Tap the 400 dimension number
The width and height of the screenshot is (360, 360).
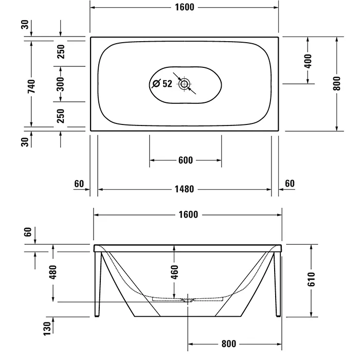308,60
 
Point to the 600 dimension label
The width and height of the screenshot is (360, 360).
185,160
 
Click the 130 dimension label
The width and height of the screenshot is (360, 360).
47,327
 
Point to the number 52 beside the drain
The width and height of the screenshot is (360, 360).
168,83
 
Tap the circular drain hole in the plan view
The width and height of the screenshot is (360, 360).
184,83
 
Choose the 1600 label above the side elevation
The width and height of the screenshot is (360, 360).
188,214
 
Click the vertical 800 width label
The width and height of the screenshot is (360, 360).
337,83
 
